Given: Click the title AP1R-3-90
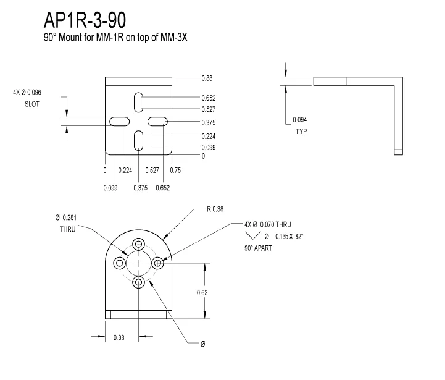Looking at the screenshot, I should point(85,20).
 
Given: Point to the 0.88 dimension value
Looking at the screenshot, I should point(207,78).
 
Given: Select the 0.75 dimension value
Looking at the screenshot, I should point(175,170).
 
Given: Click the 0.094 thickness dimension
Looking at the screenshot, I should point(300,120).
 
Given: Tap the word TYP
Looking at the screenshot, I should point(301,132).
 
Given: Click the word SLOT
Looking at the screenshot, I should point(31,104).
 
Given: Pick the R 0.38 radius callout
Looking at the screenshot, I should point(215,209).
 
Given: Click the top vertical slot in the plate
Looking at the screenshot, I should point(139,102).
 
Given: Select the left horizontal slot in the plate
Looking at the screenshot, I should point(120,122).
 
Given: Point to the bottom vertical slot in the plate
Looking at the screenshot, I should point(139,140).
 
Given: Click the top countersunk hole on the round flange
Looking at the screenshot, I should point(138,243).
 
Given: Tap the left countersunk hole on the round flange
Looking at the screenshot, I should point(119,263).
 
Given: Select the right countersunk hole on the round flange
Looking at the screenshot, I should point(158,263).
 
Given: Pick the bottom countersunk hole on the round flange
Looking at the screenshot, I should point(138,282).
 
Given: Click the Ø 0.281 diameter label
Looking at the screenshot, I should point(67,217).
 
